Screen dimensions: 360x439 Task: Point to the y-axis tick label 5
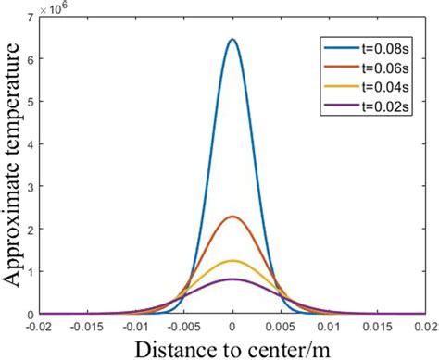pos(32,102)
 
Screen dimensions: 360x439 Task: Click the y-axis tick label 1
pos(32,272)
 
